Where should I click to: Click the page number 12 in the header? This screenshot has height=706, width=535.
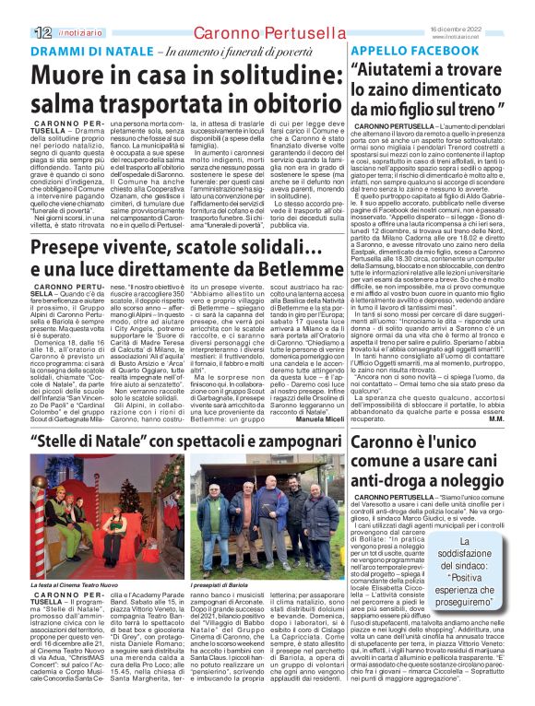(18, 7)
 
